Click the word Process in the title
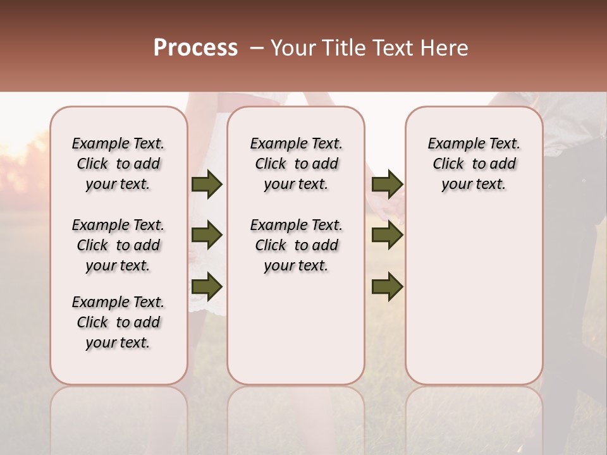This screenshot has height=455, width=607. coord(195,48)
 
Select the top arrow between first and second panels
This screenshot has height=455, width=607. coord(207,185)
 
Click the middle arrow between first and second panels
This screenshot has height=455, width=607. coord(207,236)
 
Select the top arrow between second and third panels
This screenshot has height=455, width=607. coord(388,185)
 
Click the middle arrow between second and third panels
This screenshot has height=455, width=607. coord(388,236)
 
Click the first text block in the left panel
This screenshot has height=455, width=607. coord(118,164)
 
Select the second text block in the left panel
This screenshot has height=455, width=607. coord(118,245)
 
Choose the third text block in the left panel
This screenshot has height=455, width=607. coord(118,322)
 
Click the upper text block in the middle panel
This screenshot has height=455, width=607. coord(297,164)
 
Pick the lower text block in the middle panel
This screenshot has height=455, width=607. coord(297,245)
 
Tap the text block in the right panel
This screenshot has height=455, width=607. coord(474,164)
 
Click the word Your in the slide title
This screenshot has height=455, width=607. coord(293,48)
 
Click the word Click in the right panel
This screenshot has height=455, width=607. coord(448,164)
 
